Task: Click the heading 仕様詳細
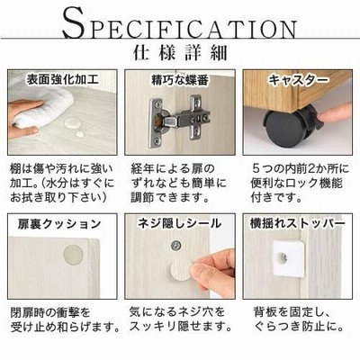click(x=180, y=52)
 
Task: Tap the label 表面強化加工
click(x=63, y=79)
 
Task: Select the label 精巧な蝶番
click(x=180, y=80)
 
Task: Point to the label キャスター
click(x=299, y=80)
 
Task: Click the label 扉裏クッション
click(x=58, y=224)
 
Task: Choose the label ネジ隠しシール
click(x=180, y=223)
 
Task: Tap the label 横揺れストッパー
click(x=297, y=223)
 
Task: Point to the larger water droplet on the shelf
click(x=71, y=123)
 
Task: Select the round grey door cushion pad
click(x=73, y=255)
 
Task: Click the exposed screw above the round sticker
click(x=176, y=246)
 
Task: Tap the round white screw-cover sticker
click(x=182, y=270)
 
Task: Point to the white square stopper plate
click(x=288, y=258)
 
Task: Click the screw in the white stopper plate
click(x=283, y=256)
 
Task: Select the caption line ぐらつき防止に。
click(x=299, y=326)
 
